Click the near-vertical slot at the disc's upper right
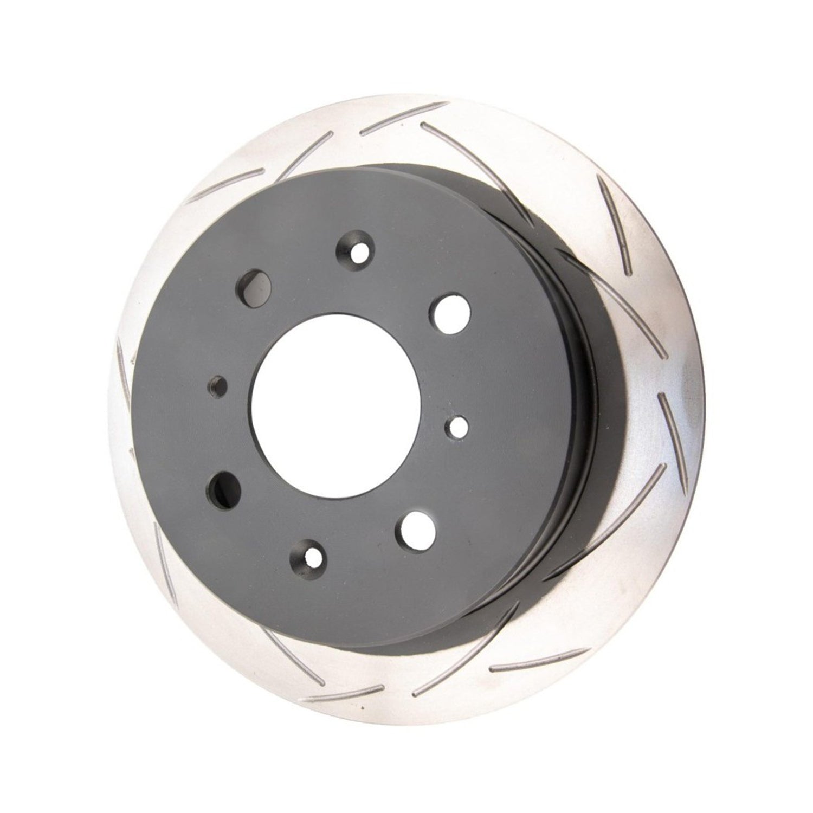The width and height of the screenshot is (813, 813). click(x=615, y=222)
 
